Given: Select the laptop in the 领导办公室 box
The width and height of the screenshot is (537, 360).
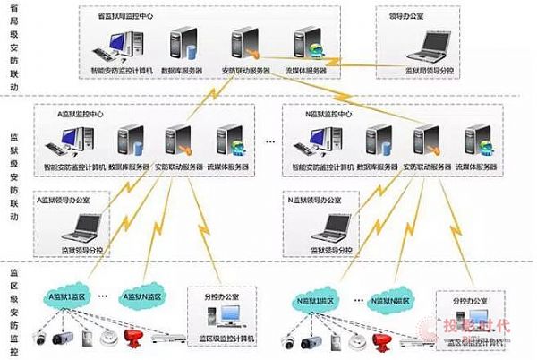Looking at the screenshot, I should pyautogui.click(x=428, y=42).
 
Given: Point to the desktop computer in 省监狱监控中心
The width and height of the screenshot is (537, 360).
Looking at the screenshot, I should pyautogui.click(x=120, y=43).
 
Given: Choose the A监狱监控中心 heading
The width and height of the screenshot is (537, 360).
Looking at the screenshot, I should pyautogui.click(x=80, y=115).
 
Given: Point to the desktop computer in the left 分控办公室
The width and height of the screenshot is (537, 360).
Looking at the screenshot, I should pyautogui.click(x=228, y=314).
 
